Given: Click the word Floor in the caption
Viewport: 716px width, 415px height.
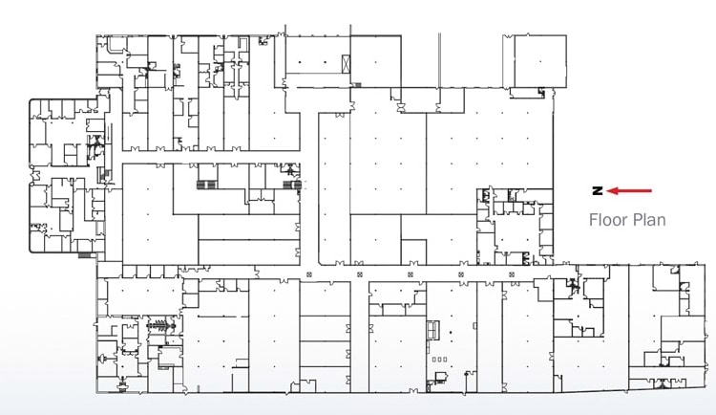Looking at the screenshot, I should pos(607,220).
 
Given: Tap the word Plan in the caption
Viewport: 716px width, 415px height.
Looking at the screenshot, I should pos(647,220).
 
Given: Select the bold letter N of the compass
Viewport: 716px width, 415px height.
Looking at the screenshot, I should pos(595,190).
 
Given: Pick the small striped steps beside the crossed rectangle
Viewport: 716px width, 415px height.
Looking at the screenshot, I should pos(358,85).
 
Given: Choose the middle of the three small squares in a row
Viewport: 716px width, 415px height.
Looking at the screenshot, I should pos(439,360).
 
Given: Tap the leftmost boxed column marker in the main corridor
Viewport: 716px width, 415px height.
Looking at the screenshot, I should pos(308,275).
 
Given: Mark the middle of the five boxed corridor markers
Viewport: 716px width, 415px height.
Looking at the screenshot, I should pos(410,275).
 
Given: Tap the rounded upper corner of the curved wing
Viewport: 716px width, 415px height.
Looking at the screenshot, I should pos(35,102).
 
